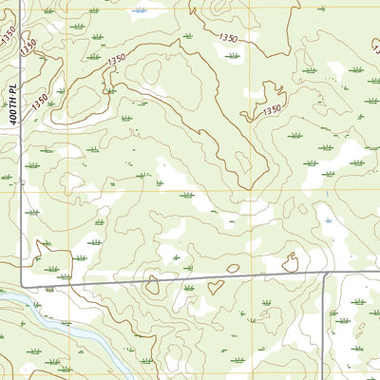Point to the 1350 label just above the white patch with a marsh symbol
pyautogui.click(x=228, y=38)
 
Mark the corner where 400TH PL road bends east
pyautogui.click(x=23, y=286)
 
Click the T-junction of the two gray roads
pyautogui.click(x=325, y=275)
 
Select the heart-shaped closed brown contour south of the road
pyautogui.click(x=215, y=286)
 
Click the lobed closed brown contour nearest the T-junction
pyautogui.click(x=290, y=262)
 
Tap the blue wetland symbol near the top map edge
pyautogui.click(x=142, y=10)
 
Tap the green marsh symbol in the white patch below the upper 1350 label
pyautogui.click(x=232, y=56)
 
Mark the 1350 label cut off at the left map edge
pyautogui.click(x=8, y=32)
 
